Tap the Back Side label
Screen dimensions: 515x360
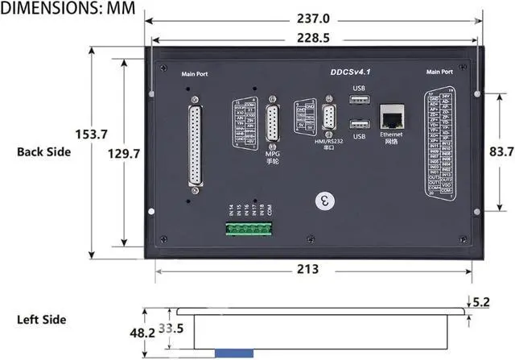(43, 151)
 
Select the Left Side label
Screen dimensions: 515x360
(41, 320)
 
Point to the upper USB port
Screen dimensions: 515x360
(360, 99)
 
